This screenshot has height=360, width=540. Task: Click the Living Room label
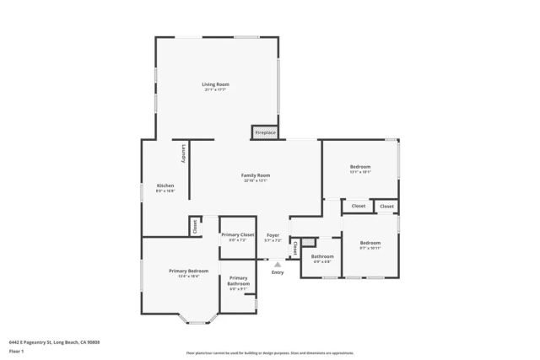(215, 84)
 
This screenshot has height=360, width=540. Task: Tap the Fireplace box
(265, 132)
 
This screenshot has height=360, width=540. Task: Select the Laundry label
(184, 154)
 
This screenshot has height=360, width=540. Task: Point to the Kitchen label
(165, 185)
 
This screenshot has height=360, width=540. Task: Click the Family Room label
(256, 175)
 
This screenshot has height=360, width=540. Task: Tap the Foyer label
(273, 234)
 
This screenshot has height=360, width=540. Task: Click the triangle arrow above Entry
(278, 265)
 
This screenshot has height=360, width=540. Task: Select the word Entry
(278, 272)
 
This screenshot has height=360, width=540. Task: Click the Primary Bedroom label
(188, 271)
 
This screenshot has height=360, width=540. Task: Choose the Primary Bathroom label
(238, 281)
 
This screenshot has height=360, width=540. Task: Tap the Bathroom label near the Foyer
(322, 256)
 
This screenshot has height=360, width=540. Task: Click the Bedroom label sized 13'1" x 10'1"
(360, 167)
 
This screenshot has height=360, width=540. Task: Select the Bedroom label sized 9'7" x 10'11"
(370, 242)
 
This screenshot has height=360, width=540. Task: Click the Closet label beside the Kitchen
(195, 227)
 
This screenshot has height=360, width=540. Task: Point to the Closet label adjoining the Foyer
(295, 248)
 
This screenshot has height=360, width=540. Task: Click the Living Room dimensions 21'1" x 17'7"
(215, 90)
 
